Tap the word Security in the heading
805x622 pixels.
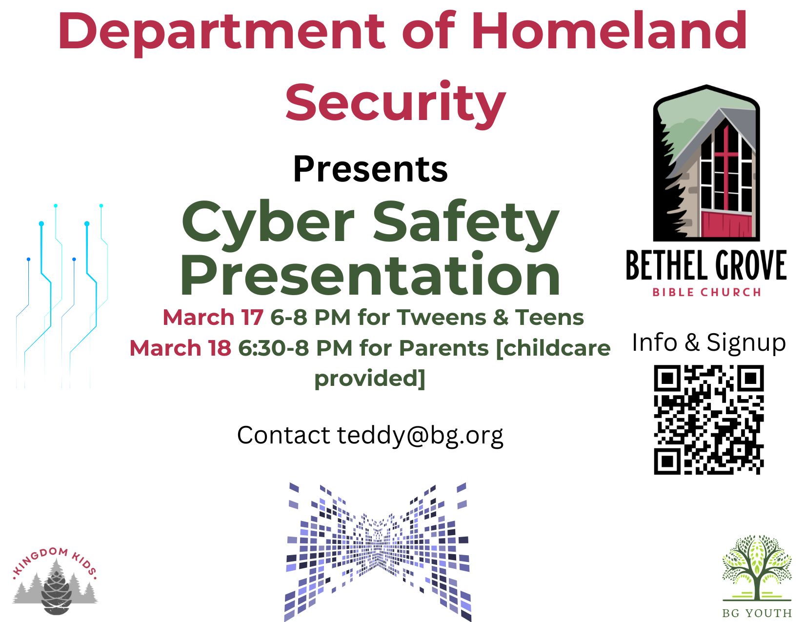(x=396, y=104)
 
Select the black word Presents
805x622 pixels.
(x=370, y=169)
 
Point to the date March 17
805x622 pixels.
(x=213, y=318)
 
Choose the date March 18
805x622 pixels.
(x=180, y=348)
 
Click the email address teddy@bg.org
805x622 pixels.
(x=420, y=436)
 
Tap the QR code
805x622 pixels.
(x=709, y=420)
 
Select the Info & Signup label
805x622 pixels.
(x=709, y=342)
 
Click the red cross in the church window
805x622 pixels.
(x=726, y=167)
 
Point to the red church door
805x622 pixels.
(x=726, y=223)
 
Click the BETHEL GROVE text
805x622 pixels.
(x=706, y=265)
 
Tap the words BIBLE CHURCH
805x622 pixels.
(x=706, y=292)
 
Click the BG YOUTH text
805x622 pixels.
(x=757, y=613)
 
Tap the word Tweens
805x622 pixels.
(x=442, y=318)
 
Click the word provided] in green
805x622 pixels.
(x=370, y=379)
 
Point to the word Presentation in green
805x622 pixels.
(x=370, y=276)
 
